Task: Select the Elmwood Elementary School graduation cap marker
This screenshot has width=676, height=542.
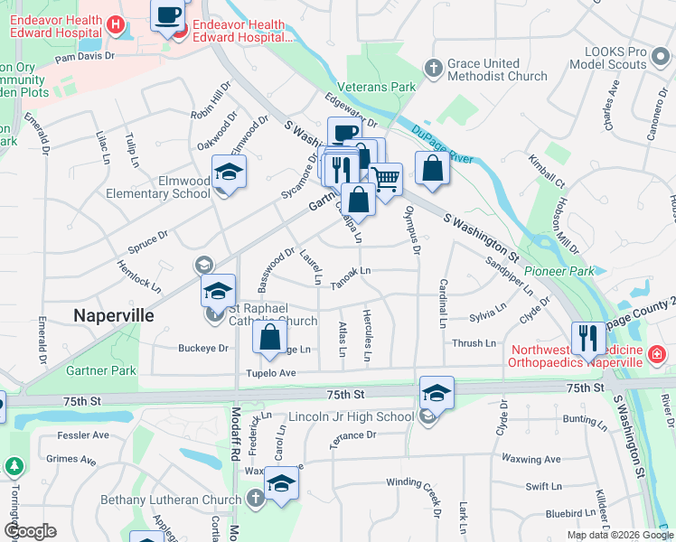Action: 229,171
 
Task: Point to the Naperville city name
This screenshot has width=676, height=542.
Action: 113,315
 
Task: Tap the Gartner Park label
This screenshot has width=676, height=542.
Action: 100,370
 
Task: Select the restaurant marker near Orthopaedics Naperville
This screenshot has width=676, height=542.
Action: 588,338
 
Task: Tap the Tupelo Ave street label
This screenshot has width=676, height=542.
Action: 270,373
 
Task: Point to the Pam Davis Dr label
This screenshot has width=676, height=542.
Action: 86,56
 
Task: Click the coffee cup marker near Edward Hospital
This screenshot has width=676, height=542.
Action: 168,15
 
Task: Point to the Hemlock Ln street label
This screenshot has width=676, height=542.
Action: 139,277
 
